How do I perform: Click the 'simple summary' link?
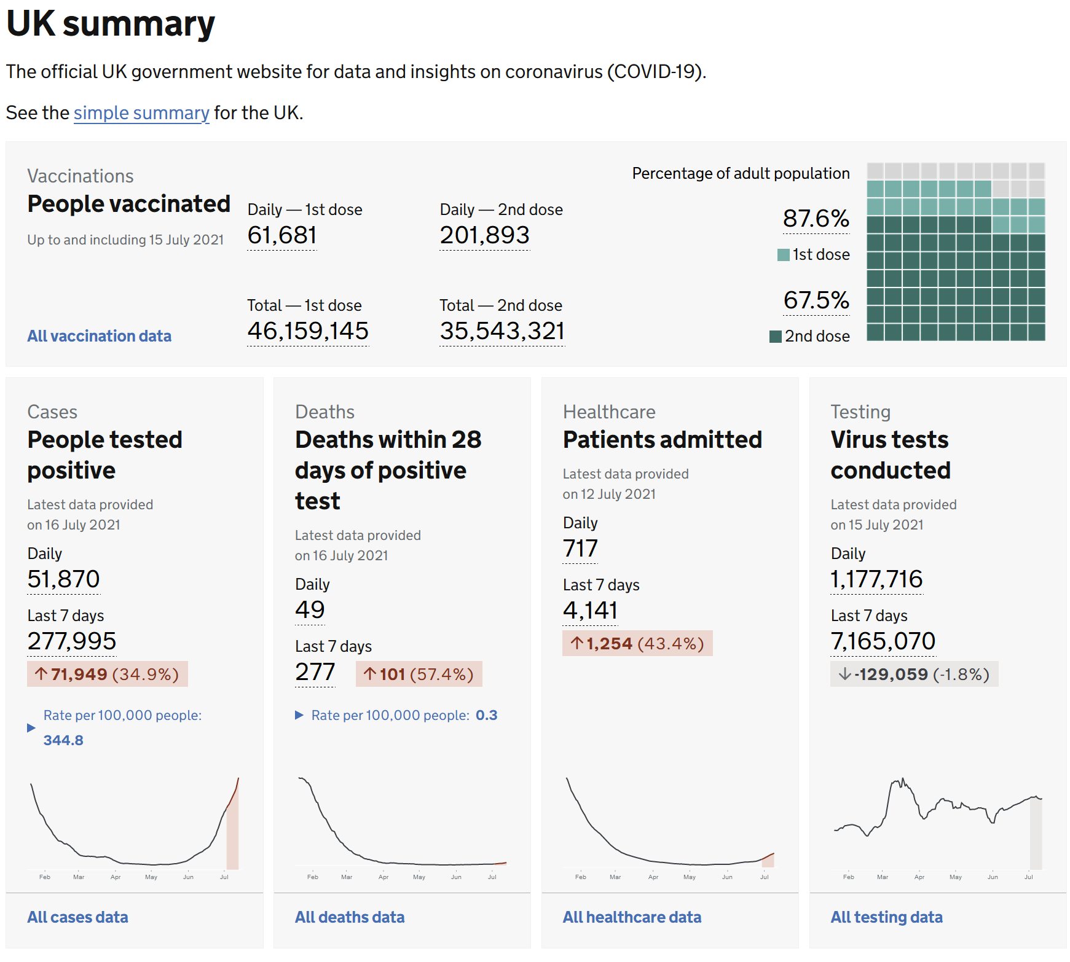[141, 113]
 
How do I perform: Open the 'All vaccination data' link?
[99, 336]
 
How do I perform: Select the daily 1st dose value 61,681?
[282, 235]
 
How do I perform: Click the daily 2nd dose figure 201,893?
[484, 235]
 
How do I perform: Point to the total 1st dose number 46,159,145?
[307, 331]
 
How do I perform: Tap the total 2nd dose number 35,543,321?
[502, 331]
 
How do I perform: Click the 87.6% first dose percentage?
[816, 219]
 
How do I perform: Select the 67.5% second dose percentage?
[816, 300]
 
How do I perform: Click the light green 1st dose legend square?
[783, 255]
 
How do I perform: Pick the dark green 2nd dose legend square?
[776, 337]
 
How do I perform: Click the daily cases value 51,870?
[63, 579]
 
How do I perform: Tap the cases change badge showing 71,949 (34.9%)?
[108, 675]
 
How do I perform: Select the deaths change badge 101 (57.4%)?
[419, 675]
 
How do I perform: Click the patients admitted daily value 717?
[580, 549]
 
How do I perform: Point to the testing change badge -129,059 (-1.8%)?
[914, 675]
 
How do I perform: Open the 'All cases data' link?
[77, 917]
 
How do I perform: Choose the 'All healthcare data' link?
[632, 917]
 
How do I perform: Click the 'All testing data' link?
[886, 917]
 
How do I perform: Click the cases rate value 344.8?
[63, 740]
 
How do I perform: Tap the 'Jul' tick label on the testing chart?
[1028, 877]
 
